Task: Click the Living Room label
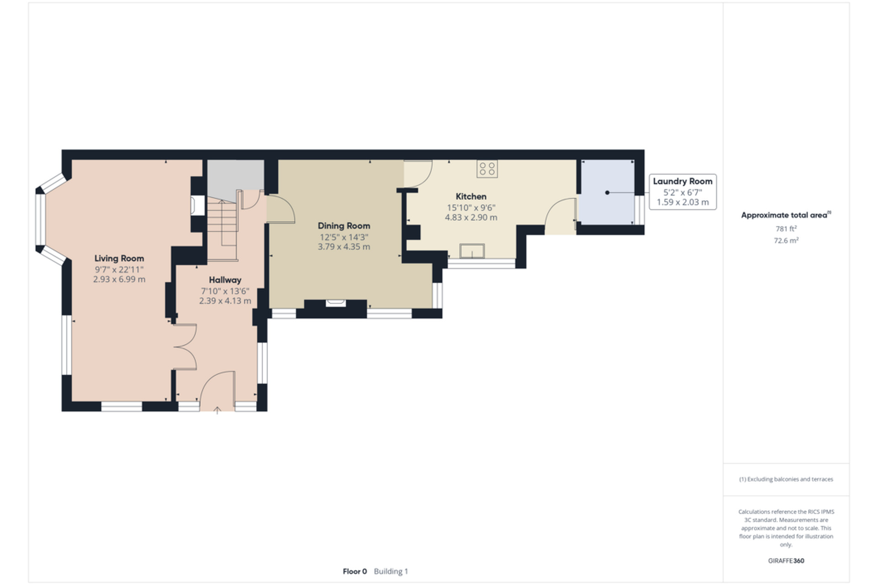click(x=119, y=259)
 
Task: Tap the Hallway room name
click(x=225, y=280)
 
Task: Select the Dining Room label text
click(x=344, y=226)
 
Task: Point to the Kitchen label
click(x=471, y=197)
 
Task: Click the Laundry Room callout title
click(x=683, y=181)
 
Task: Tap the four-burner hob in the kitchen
click(x=487, y=168)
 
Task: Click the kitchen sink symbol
click(x=472, y=251)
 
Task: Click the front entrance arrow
click(x=217, y=410)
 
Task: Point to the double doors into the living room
click(x=185, y=346)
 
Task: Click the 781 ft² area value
click(x=786, y=229)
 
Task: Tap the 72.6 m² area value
click(x=786, y=240)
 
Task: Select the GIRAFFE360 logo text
click(x=786, y=561)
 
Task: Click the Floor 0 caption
click(x=355, y=571)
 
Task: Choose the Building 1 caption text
click(x=391, y=571)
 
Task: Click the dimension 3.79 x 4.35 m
click(x=344, y=247)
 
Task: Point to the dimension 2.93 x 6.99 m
click(x=119, y=279)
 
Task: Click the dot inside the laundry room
click(x=607, y=193)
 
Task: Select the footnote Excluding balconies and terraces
click(x=786, y=479)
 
